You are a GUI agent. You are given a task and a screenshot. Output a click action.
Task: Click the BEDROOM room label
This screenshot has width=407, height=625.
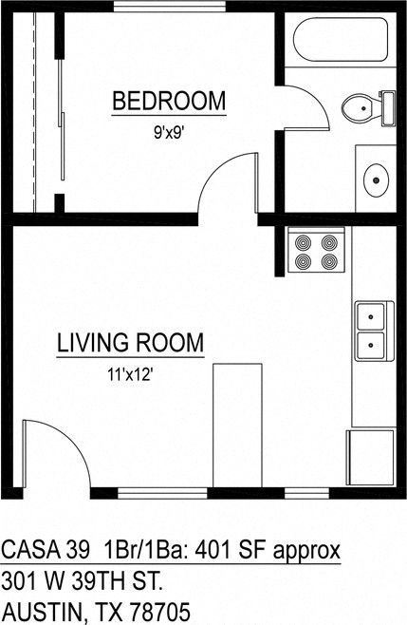pyautogui.click(x=170, y=100)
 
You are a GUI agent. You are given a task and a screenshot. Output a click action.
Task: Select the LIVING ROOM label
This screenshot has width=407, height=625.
pyautogui.click(x=130, y=343)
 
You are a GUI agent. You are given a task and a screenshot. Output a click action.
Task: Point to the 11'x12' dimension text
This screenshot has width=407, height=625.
pyautogui.click(x=130, y=375)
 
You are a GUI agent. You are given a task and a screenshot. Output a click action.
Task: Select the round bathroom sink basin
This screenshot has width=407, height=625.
pyautogui.click(x=376, y=177)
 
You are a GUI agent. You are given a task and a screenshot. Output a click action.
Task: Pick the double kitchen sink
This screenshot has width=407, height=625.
pyautogui.click(x=371, y=328)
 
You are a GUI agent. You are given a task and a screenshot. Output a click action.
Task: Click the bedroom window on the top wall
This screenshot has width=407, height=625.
pyautogui.click(x=170, y=7)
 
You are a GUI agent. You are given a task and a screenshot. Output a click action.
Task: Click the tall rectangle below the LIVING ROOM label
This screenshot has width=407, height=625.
pyautogui.click(x=237, y=425)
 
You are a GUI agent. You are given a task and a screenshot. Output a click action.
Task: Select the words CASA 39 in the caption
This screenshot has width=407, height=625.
pyautogui.click(x=46, y=551)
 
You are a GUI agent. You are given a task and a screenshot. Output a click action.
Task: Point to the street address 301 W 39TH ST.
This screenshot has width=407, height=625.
pyautogui.click(x=83, y=580)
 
